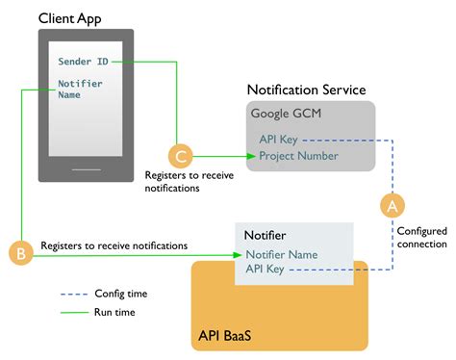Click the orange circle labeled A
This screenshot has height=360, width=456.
[391, 205]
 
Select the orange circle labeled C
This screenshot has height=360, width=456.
[179, 155]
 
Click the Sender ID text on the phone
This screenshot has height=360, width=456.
[83, 62]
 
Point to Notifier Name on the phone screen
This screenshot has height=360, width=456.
[80, 90]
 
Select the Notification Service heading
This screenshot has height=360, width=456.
[306, 90]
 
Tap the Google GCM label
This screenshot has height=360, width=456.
[287, 113]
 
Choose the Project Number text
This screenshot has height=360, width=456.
[298, 156]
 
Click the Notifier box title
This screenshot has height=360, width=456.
[265, 234]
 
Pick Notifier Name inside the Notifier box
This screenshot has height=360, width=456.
[281, 255]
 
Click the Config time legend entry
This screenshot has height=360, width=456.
[120, 293]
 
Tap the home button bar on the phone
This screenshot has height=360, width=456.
[87, 168]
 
